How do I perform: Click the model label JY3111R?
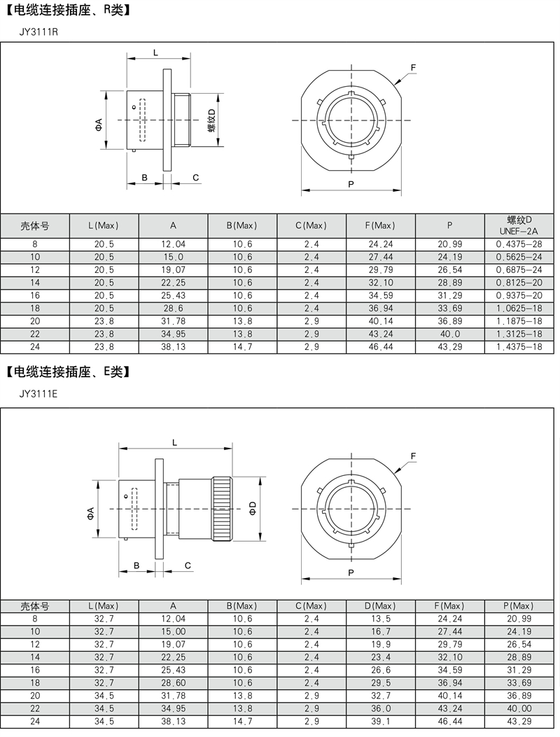pos(38,32)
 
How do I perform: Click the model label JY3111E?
pos(38,394)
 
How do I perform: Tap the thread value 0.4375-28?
pos(519,244)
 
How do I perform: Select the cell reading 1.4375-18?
pos(519,347)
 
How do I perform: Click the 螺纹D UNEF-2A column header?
pos(519,225)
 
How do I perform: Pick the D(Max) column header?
pos(380,606)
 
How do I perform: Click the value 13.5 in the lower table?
pos(380,619)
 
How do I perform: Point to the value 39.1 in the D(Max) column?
pos(380,722)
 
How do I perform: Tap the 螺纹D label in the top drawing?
pos(211,120)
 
